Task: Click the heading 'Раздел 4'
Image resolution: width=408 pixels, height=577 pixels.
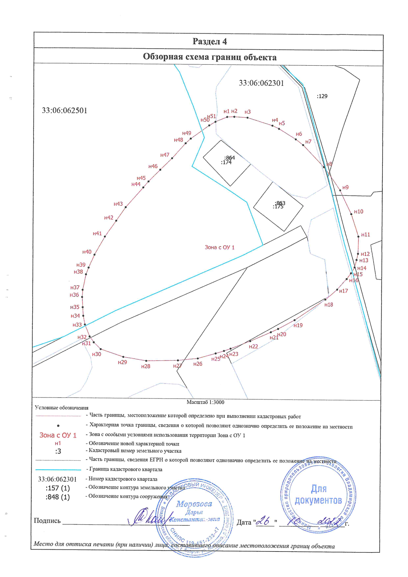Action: tap(209, 41)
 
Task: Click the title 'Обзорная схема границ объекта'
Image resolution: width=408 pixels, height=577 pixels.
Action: tap(209, 57)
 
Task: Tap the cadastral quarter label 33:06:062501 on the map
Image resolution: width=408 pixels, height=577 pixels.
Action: tap(64, 111)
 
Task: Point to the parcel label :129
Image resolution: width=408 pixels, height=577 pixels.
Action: tap(322, 96)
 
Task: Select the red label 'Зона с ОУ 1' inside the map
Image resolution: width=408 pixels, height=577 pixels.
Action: tap(219, 247)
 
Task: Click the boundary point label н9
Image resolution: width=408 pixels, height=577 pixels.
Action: tap(345, 187)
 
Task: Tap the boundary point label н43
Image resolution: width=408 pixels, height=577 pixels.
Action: tap(118, 204)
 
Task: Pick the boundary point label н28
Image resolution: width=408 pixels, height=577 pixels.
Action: tap(146, 366)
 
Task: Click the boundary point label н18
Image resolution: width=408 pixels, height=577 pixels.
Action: tap(328, 305)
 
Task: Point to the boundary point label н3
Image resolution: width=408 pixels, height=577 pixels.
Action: tap(248, 112)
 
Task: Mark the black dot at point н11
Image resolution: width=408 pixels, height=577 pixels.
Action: tap(358, 237)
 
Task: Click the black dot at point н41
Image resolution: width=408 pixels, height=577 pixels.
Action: tap(105, 237)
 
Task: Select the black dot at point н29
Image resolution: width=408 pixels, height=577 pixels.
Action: tap(123, 357)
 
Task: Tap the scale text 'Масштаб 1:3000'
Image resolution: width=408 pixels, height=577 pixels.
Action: tap(205, 402)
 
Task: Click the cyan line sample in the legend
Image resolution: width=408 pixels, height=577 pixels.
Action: tap(58, 470)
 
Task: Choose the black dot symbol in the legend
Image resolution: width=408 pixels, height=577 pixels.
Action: tap(58, 426)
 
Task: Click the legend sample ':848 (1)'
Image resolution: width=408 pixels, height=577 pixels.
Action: tap(57, 497)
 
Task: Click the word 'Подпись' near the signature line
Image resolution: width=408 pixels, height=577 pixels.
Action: tap(47, 521)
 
